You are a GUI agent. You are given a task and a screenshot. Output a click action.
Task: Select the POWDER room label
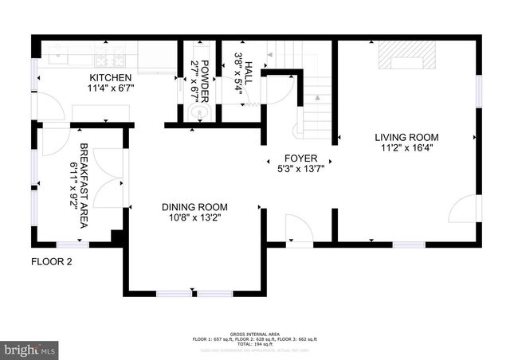(x=205, y=80)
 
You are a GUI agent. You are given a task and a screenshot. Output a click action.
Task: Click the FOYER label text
(x=300, y=157)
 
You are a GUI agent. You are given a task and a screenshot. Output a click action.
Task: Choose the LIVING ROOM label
(x=406, y=137)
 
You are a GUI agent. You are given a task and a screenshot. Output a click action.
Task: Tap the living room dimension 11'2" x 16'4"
(x=406, y=148)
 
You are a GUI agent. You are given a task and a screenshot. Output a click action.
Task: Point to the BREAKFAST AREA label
(x=84, y=186)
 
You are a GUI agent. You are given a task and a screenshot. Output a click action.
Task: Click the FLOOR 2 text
(x=52, y=261)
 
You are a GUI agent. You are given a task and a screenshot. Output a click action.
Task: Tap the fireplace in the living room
(x=407, y=57)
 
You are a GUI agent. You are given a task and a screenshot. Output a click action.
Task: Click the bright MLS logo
(x=30, y=349)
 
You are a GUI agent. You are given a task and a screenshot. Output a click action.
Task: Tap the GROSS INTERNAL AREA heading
(x=254, y=334)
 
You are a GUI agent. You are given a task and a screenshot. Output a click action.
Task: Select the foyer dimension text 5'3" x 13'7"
(x=300, y=168)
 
